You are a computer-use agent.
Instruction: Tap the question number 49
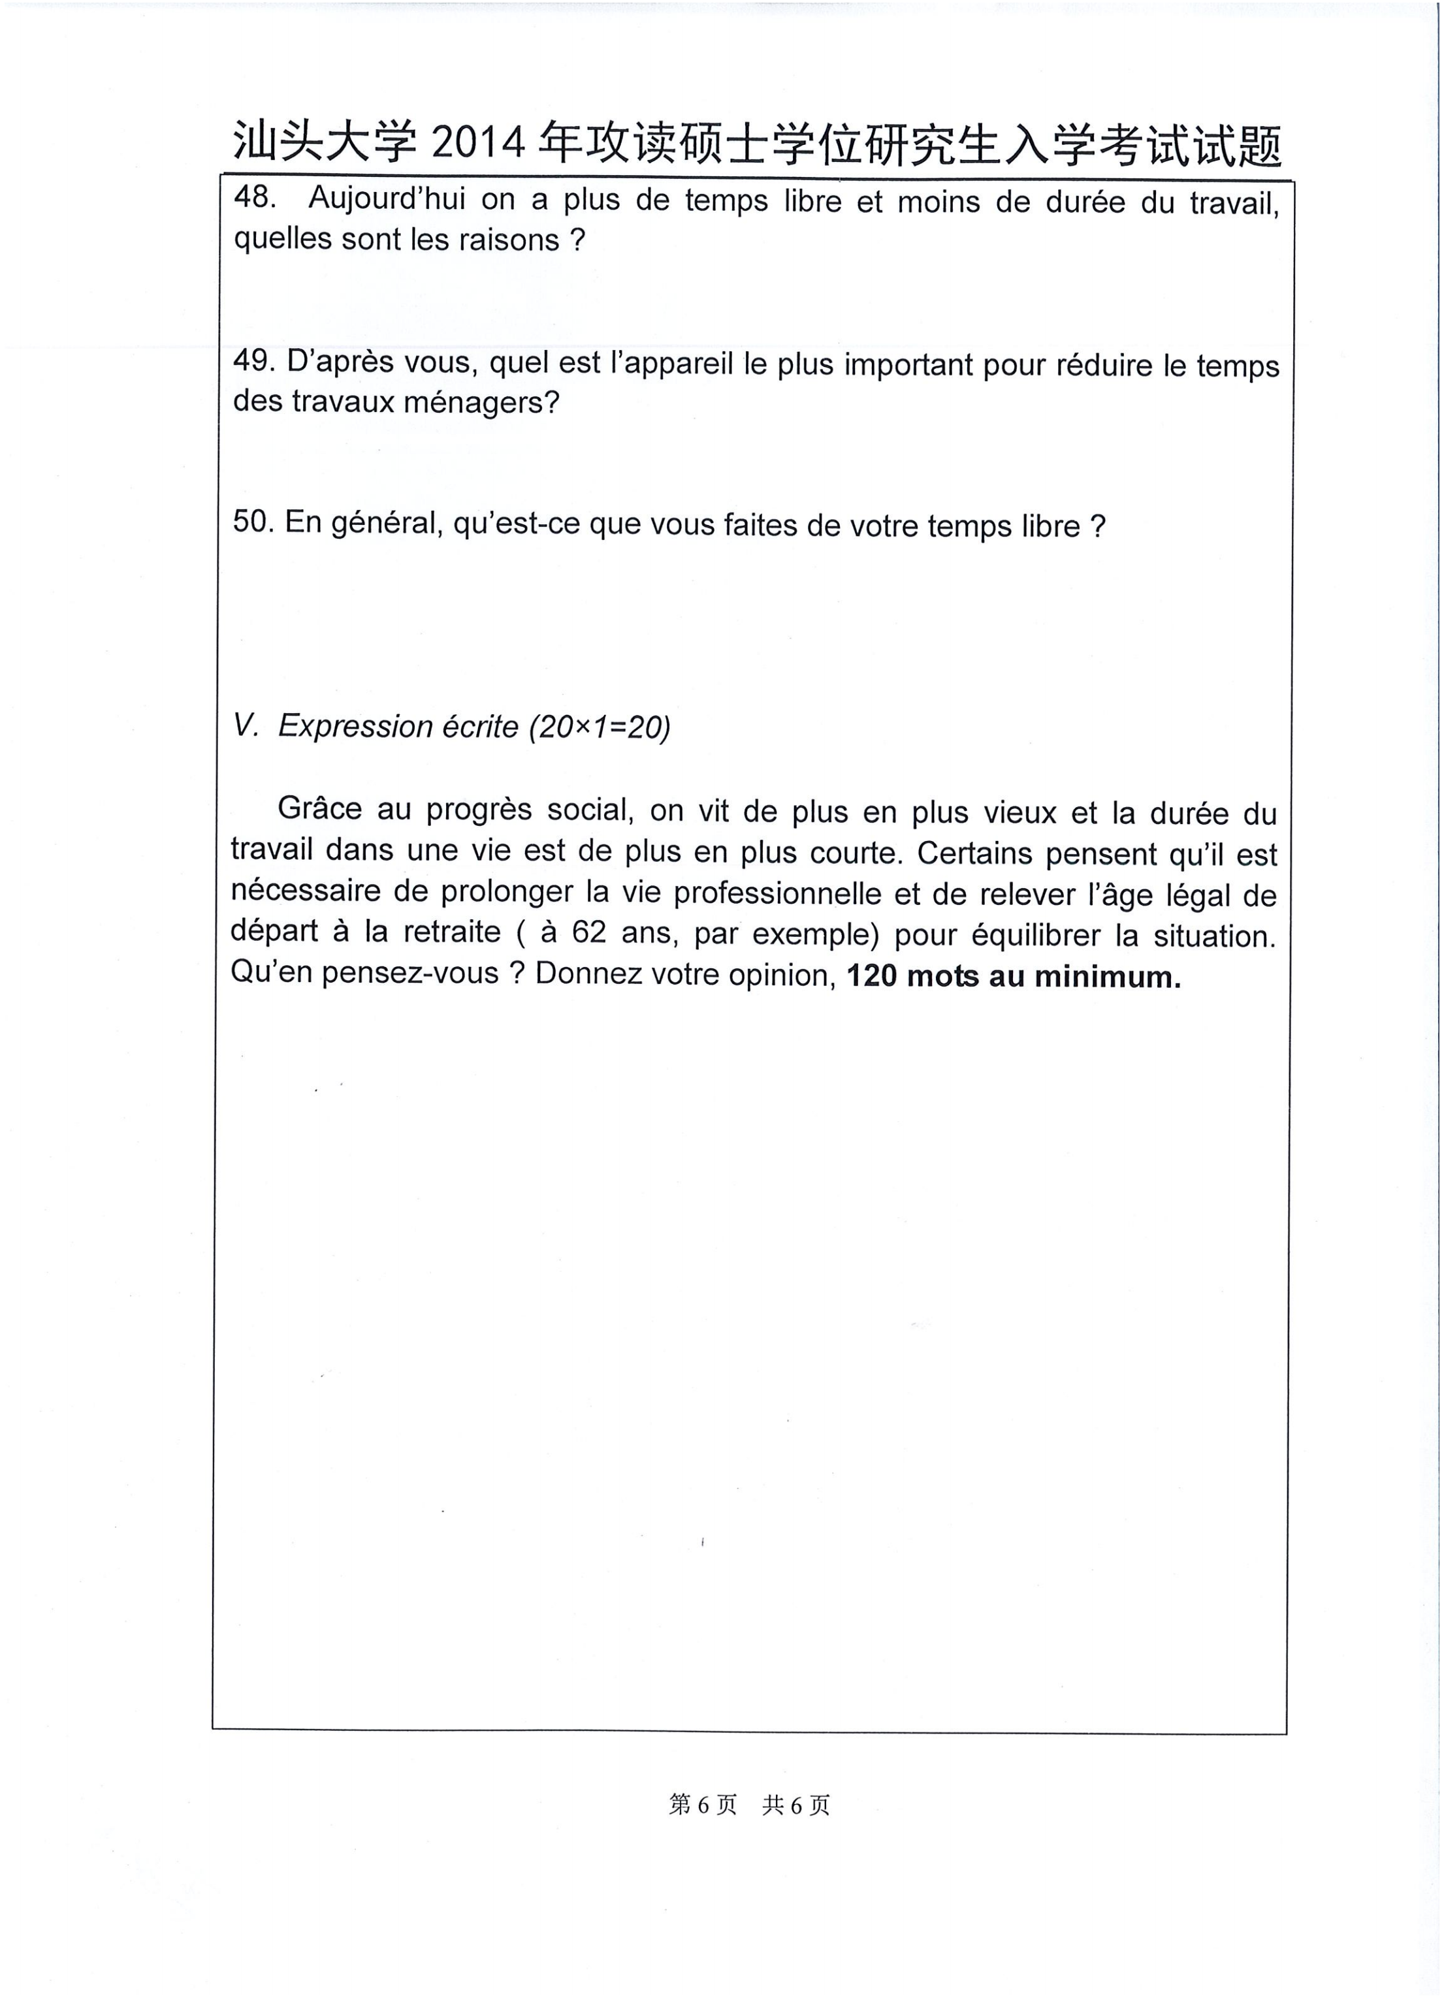(x=252, y=360)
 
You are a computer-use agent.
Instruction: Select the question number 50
(x=253, y=522)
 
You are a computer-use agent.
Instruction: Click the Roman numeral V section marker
(x=245, y=725)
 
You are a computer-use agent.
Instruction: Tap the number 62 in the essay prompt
(x=588, y=932)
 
